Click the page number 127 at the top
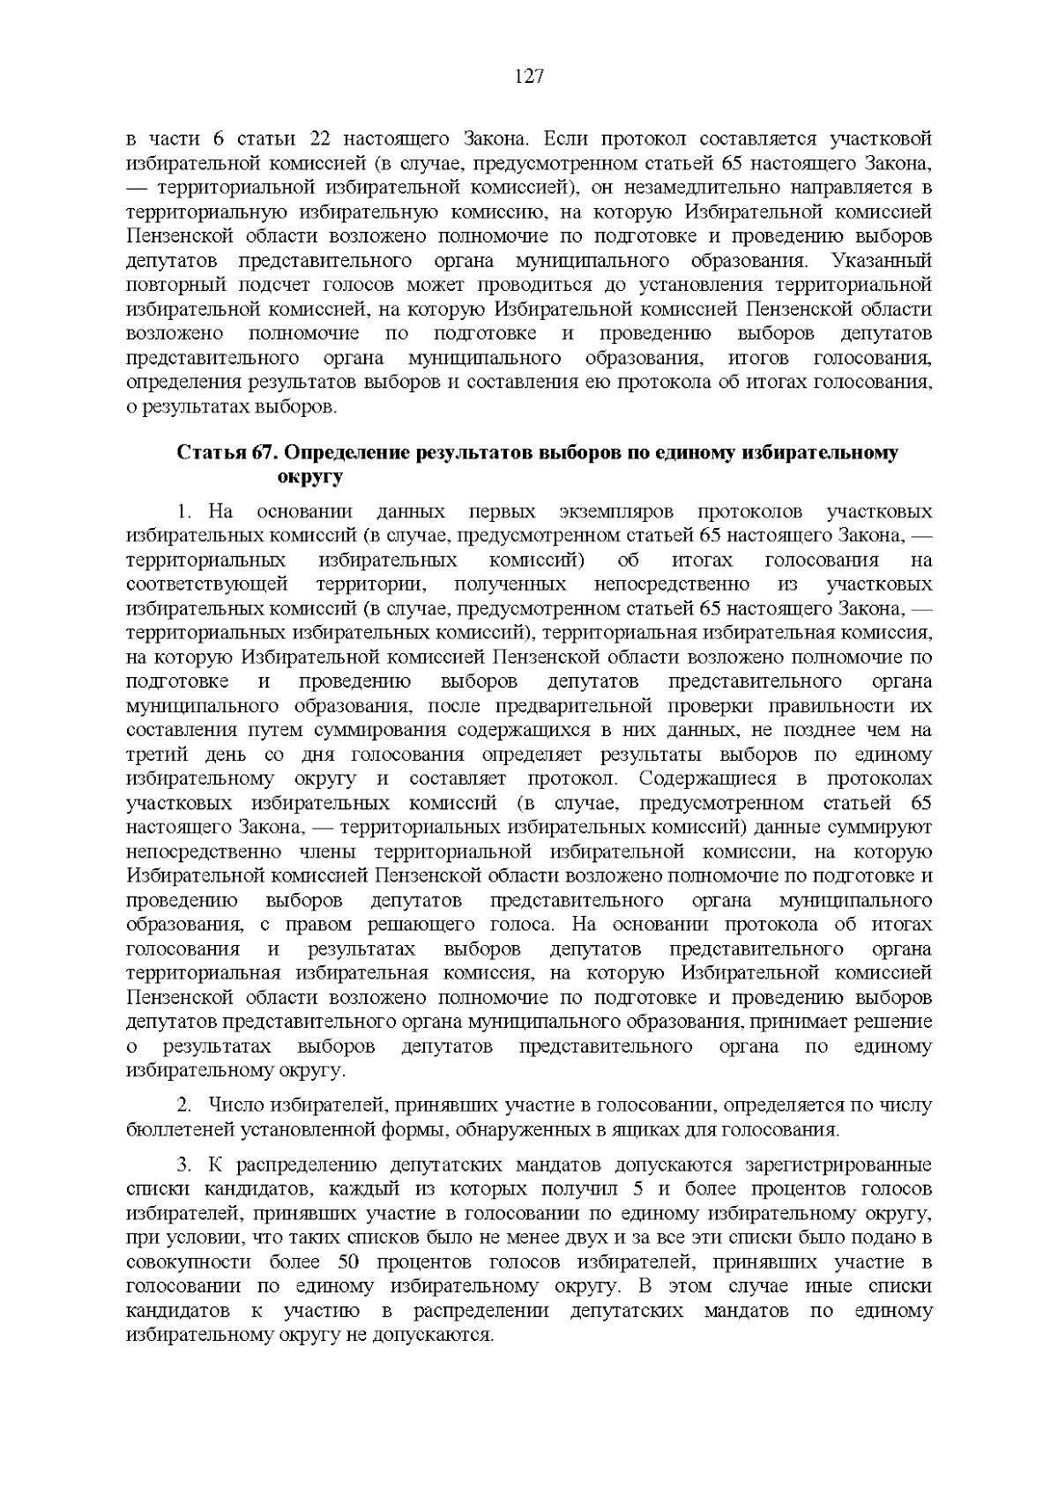click(528, 77)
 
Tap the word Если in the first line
click(564, 139)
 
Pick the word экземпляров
click(616, 512)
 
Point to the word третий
click(155, 755)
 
